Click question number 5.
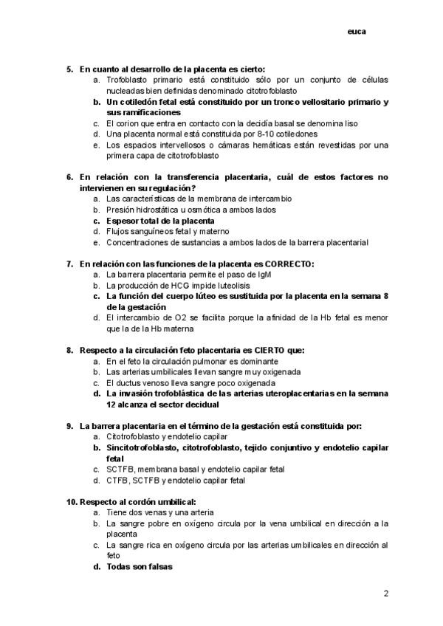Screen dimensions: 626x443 click(x=69, y=69)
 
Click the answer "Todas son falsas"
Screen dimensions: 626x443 click(x=140, y=566)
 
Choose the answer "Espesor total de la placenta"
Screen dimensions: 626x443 click(x=160, y=220)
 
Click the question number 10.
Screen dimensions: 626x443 click(x=71, y=501)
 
